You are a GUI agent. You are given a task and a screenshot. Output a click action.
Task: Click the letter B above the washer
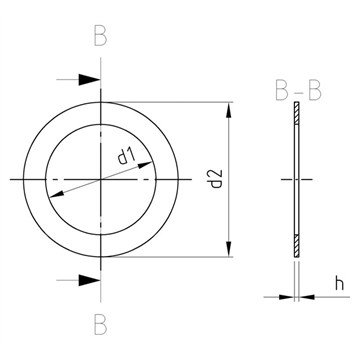[100, 36]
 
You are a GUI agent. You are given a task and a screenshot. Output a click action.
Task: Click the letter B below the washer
[100, 325]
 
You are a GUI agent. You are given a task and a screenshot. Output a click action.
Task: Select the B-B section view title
[298, 91]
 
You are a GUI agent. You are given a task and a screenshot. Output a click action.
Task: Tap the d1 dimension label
[126, 156]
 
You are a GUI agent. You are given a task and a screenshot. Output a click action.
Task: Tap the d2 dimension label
[217, 179]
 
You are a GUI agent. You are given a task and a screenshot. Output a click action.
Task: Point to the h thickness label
[339, 284]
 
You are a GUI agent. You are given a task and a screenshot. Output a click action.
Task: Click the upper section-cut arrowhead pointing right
[89, 80]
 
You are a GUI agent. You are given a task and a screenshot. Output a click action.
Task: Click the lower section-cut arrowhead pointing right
[89, 280]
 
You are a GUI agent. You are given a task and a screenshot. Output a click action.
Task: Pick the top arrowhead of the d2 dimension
[229, 110]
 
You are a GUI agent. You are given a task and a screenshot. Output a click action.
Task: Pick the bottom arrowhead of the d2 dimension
[229, 249]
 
